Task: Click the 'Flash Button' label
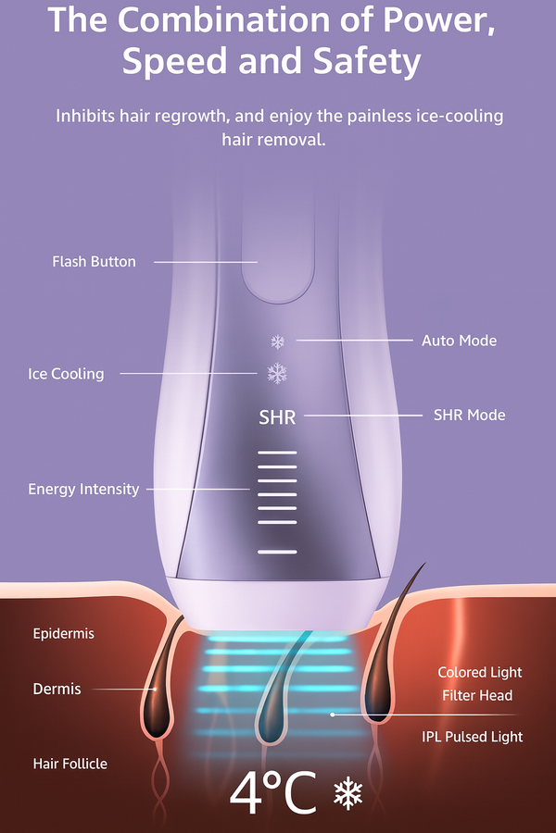[x=94, y=262]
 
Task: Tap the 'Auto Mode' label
[x=459, y=341]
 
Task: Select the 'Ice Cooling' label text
[x=66, y=374]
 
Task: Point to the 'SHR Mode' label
[x=469, y=415]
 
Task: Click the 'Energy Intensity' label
[x=83, y=489]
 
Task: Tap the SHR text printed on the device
[x=277, y=417]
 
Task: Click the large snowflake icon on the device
[x=277, y=373]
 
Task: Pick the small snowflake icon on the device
[x=277, y=342]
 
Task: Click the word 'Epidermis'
[x=63, y=634]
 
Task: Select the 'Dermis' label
[x=57, y=689]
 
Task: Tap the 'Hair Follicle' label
[x=69, y=764]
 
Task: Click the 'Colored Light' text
[x=480, y=672]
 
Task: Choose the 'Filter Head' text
[x=477, y=695]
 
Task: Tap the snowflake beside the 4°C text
[x=347, y=794]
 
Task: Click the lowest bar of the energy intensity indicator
[x=277, y=552]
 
